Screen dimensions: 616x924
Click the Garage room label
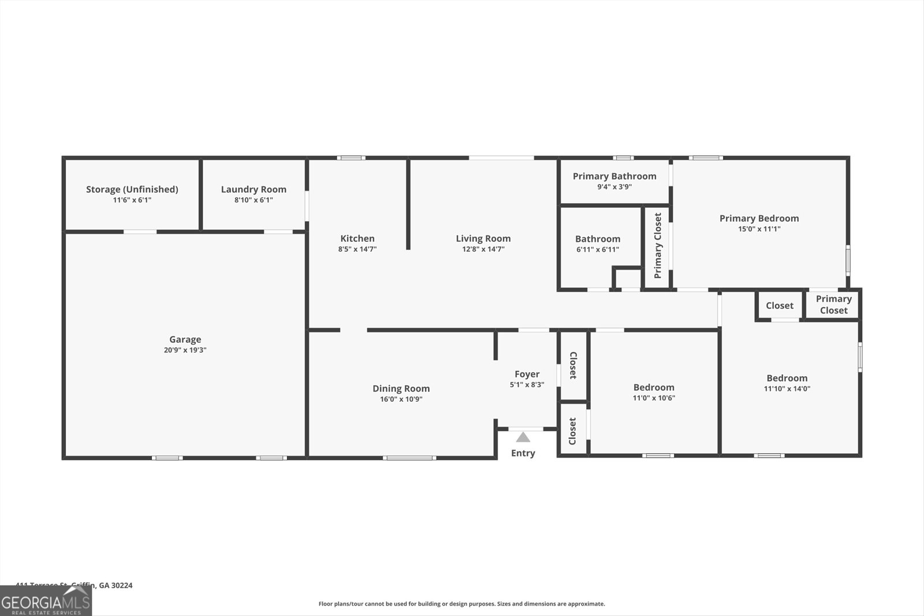[x=185, y=339]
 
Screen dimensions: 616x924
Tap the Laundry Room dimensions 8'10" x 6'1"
[x=254, y=200]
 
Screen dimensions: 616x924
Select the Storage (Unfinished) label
[x=132, y=189]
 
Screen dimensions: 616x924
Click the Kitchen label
[x=357, y=238]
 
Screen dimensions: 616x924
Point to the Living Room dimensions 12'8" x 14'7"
[x=483, y=249]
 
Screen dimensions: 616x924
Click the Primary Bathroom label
[x=614, y=176]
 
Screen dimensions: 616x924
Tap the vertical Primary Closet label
[x=658, y=245]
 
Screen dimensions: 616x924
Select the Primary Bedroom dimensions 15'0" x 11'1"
[x=759, y=229]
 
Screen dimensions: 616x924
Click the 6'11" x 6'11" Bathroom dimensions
[x=597, y=250]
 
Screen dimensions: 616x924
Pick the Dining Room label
[x=401, y=389]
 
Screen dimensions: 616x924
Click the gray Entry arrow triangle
[x=523, y=437]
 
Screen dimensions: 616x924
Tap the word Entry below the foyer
[x=523, y=453]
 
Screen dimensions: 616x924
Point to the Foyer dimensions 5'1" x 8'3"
[x=527, y=385]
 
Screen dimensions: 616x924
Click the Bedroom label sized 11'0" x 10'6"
[x=653, y=387]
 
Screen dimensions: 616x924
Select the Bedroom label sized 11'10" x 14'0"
[x=787, y=378]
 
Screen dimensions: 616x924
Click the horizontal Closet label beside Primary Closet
[x=779, y=306]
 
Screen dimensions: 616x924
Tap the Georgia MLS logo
[x=46, y=602]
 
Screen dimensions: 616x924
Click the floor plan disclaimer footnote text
[x=461, y=604]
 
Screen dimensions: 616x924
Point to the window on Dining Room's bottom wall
[x=409, y=458]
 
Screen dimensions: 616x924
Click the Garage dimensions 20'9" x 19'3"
[x=185, y=350]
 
